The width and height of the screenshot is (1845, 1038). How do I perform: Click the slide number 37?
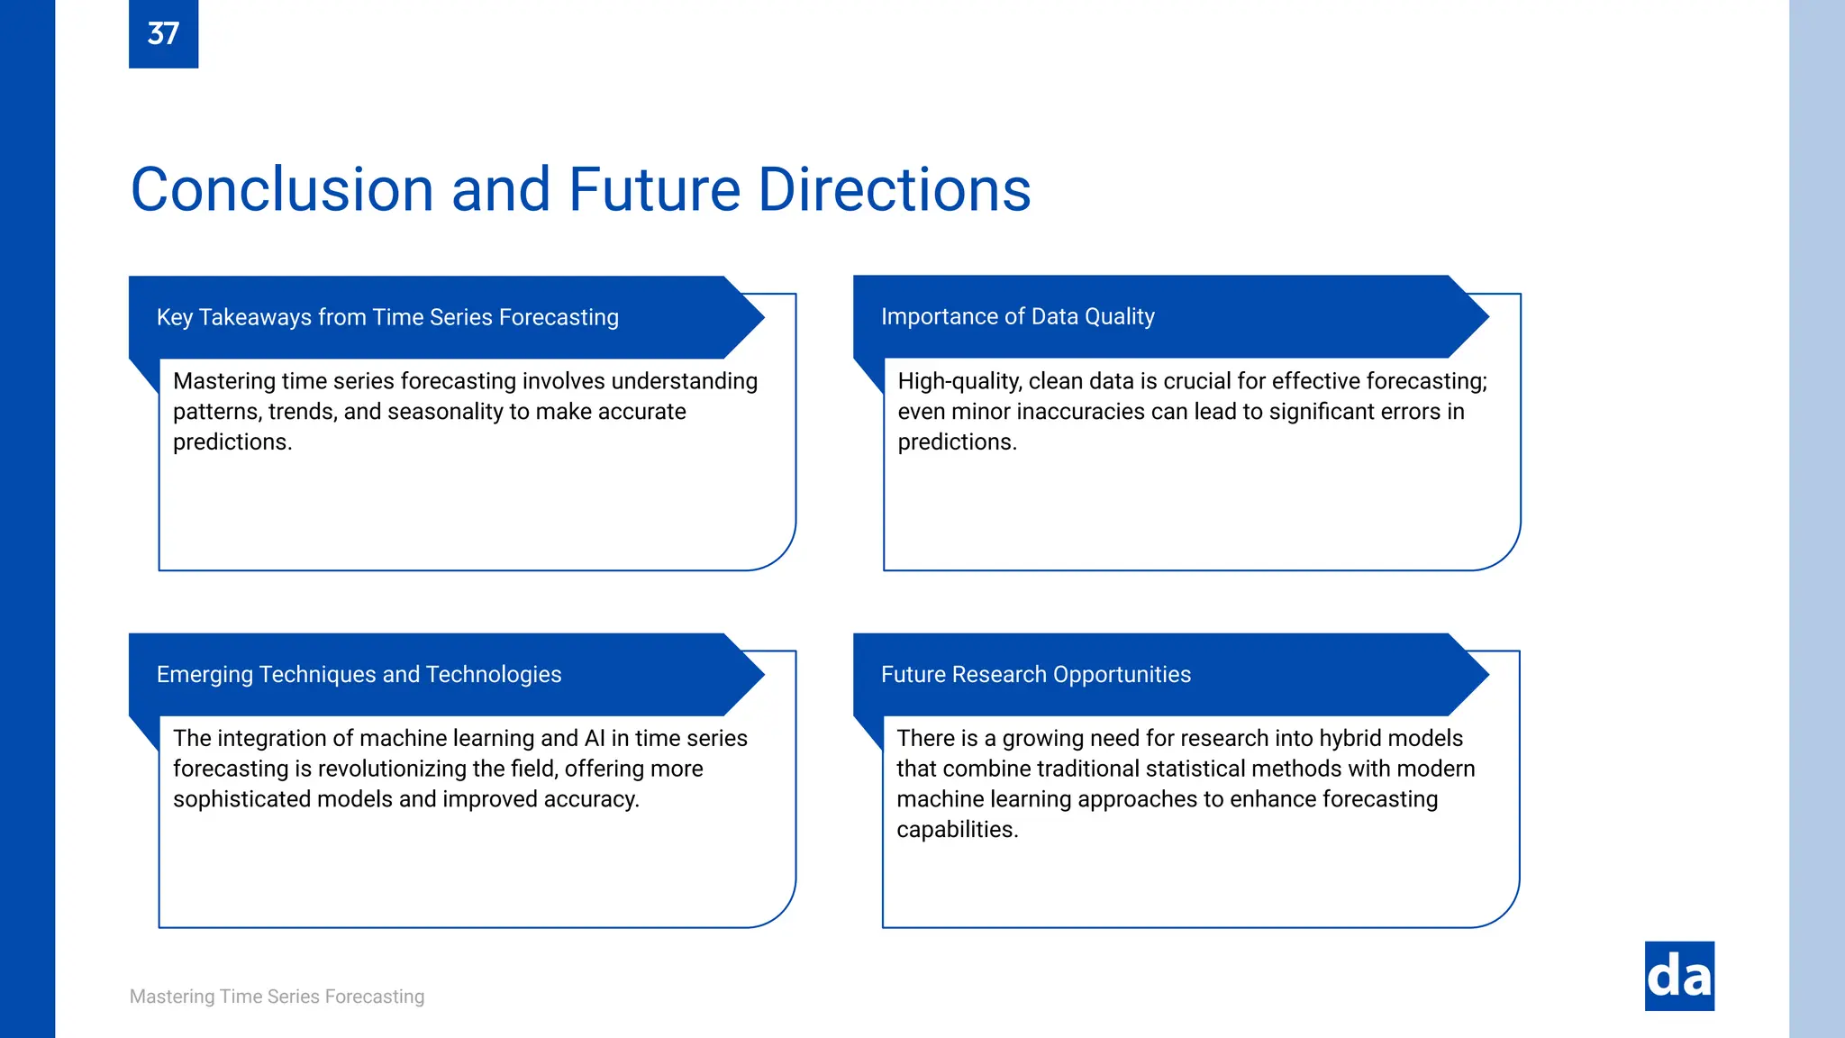[163, 34]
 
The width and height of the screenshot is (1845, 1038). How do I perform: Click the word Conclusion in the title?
[282, 190]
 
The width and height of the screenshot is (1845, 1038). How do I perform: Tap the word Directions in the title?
[894, 190]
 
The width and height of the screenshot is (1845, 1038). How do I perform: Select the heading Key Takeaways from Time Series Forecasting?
[387, 317]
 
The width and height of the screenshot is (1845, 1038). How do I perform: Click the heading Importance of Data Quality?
[1017, 316]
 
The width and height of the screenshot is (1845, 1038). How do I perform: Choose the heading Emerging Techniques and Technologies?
[359, 674]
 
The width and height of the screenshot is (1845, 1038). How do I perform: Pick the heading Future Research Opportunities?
[1035, 674]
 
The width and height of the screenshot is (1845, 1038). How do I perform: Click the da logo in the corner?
[1678, 976]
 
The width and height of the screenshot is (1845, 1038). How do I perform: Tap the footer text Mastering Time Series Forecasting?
[277, 997]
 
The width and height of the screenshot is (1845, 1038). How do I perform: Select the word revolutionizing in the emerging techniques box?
[392, 769]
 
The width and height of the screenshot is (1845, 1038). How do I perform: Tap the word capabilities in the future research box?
[957, 830]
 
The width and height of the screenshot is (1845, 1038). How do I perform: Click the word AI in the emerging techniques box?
[595, 738]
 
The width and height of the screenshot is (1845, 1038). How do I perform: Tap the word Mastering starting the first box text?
[223, 381]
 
